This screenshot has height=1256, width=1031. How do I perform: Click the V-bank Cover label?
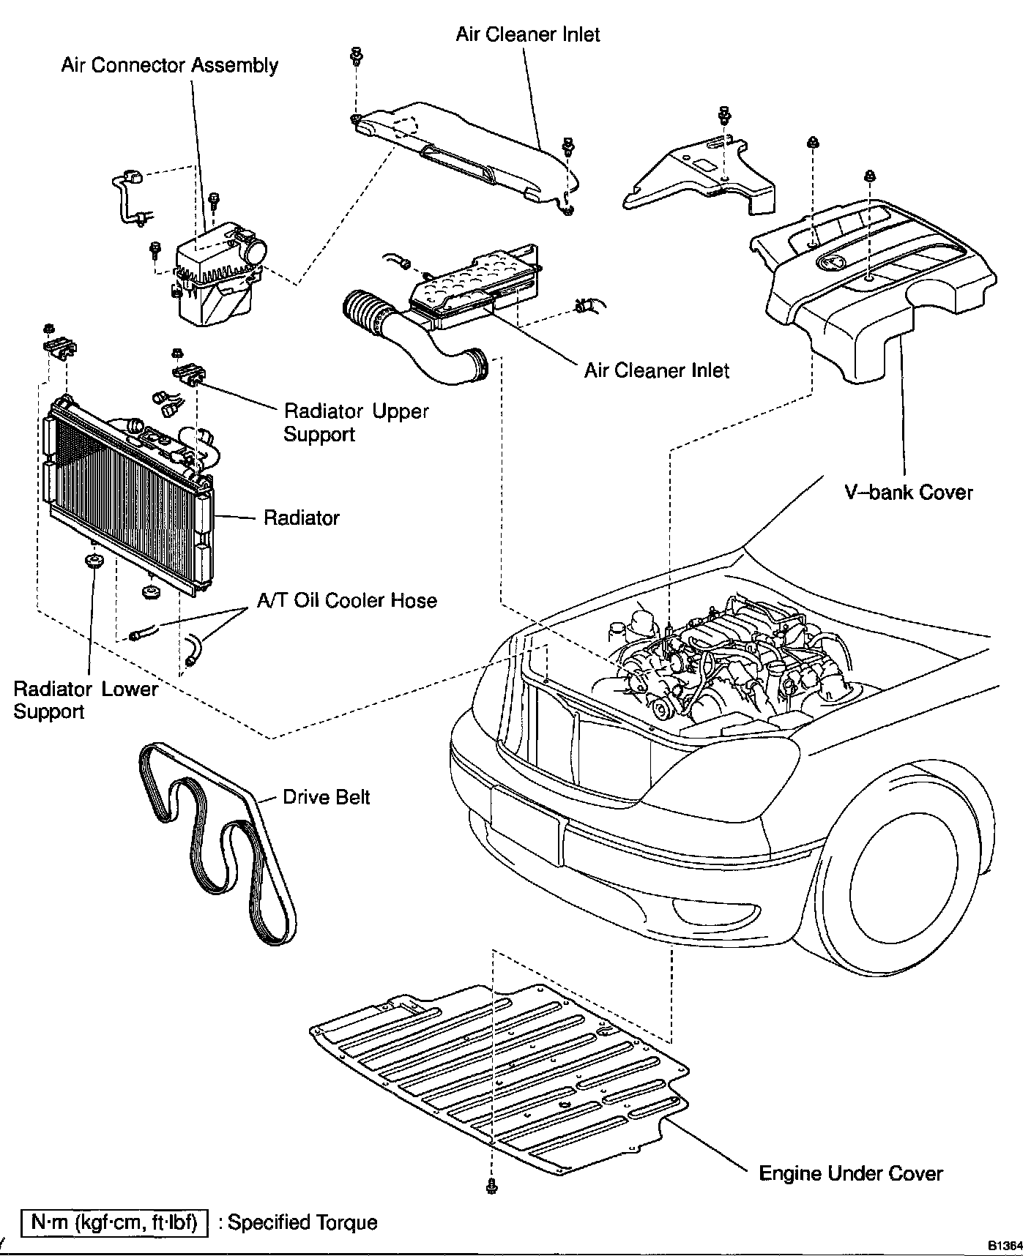(908, 492)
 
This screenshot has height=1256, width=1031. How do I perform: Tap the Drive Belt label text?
(326, 796)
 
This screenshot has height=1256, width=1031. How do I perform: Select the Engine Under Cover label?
(851, 1174)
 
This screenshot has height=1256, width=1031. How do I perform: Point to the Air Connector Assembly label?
(169, 65)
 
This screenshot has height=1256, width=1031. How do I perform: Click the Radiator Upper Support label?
(355, 422)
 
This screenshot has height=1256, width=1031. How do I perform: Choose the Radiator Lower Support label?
(85, 700)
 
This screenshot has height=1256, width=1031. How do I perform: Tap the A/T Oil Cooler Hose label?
(346, 600)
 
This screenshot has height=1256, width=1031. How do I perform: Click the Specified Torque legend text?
(302, 1222)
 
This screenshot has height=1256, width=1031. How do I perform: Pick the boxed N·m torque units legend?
(113, 1222)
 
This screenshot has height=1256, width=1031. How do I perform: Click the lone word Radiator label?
(301, 518)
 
